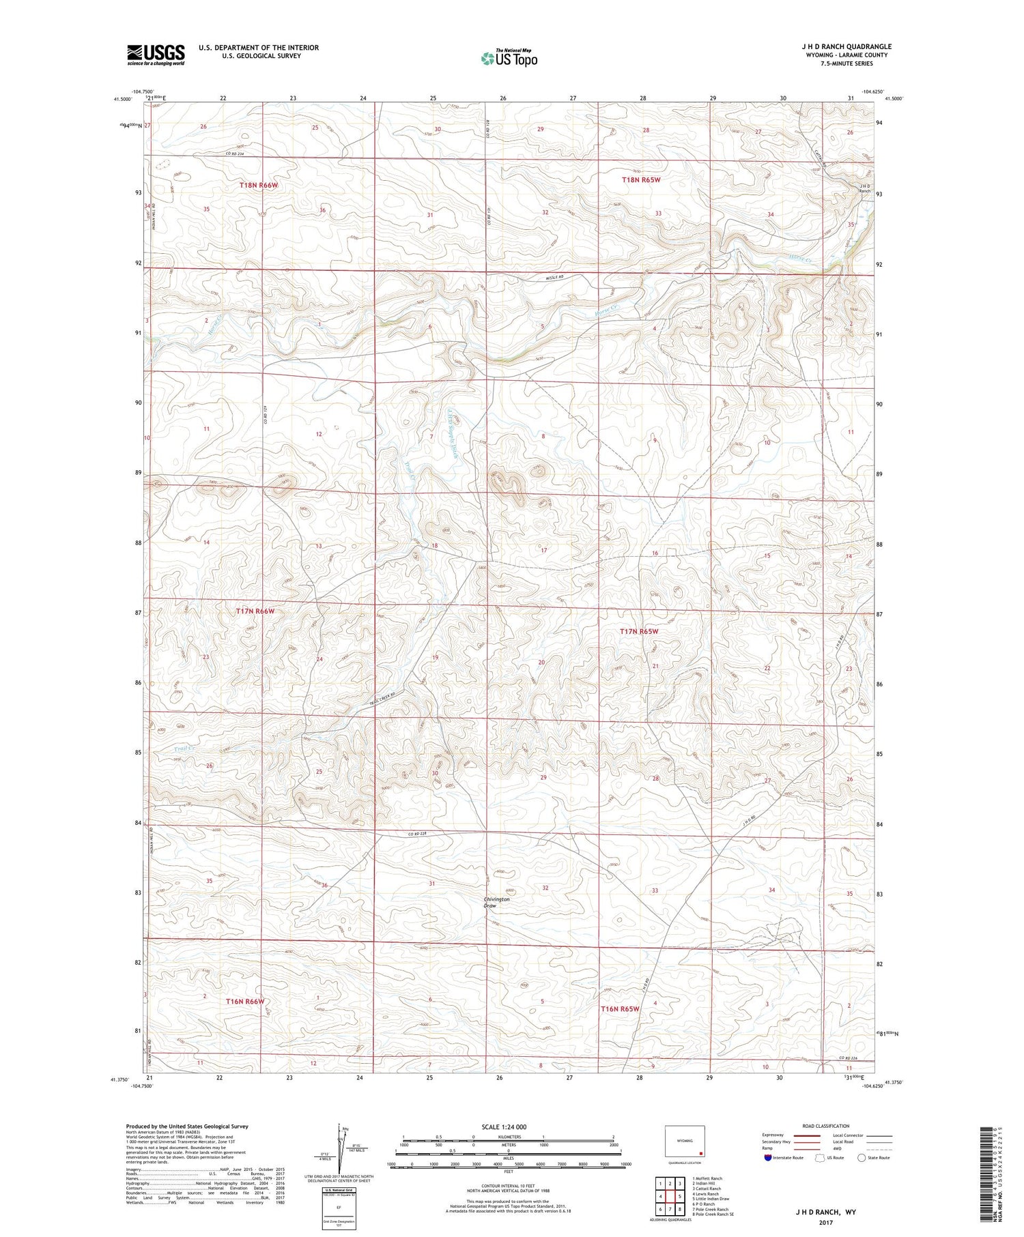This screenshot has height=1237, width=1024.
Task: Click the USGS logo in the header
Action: (x=156, y=55)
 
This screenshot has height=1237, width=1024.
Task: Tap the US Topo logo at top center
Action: (x=509, y=59)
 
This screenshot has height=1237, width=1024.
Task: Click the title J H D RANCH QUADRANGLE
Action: (x=846, y=46)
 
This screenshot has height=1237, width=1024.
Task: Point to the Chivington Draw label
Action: (x=496, y=903)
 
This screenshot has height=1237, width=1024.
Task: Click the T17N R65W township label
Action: (x=639, y=632)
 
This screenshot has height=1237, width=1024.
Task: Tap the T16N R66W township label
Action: (x=244, y=1001)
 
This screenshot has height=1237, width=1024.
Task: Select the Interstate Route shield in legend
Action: (x=767, y=1158)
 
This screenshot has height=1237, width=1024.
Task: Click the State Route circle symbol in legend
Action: (x=862, y=1158)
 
